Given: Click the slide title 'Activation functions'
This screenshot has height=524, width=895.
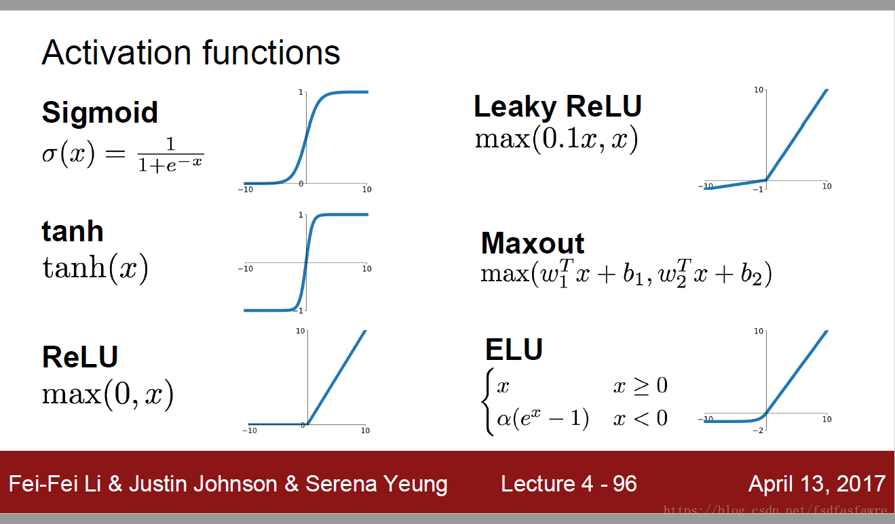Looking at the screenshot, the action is tap(191, 52).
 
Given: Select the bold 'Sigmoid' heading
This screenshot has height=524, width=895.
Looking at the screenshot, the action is tap(100, 113).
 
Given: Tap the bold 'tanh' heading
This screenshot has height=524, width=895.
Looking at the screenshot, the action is tap(73, 231).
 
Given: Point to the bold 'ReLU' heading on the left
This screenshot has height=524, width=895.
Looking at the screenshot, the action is tap(80, 357).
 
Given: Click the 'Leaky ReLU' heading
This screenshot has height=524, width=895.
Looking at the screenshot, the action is tap(558, 107).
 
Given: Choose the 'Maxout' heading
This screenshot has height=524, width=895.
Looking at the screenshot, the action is tap(533, 243).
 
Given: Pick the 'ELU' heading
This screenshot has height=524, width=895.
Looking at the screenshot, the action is tap(514, 349).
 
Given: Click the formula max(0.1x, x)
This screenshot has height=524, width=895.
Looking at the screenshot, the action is tap(556, 139).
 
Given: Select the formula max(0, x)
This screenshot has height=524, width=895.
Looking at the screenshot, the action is tap(108, 395).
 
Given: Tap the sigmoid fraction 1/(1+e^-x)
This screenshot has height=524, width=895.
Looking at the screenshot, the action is tap(170, 155).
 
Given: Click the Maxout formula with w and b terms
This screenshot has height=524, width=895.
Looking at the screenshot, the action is tap(626, 274).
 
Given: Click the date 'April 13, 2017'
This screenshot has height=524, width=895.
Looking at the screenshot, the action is tap(817, 484).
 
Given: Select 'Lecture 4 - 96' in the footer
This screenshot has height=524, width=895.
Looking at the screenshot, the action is tap(569, 484).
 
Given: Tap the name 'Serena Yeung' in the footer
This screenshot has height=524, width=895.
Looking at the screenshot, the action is tap(377, 485).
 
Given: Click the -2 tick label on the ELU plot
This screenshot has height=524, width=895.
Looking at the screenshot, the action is tap(758, 430).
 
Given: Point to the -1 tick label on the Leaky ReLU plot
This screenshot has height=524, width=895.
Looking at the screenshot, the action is tap(758, 190).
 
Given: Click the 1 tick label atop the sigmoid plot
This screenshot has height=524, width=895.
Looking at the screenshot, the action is tap(301, 93).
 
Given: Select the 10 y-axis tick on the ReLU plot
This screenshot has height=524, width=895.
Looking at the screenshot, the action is tap(300, 331).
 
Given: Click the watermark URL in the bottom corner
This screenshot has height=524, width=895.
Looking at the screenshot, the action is tap(775, 510).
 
